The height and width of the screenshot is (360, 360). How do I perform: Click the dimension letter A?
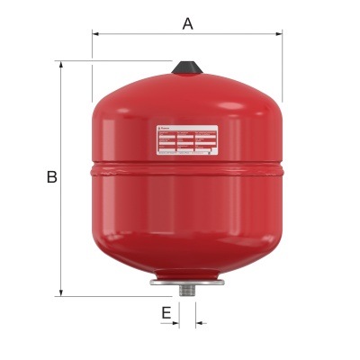pyautogui.click(x=187, y=23)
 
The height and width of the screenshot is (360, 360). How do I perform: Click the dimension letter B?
pyautogui.click(x=51, y=177)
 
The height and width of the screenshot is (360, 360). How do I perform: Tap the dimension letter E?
pyautogui.click(x=166, y=312)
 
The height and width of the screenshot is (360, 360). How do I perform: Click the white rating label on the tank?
pyautogui.click(x=186, y=139)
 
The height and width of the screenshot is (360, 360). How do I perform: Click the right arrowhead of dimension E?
pyautogui.click(x=198, y=321)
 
